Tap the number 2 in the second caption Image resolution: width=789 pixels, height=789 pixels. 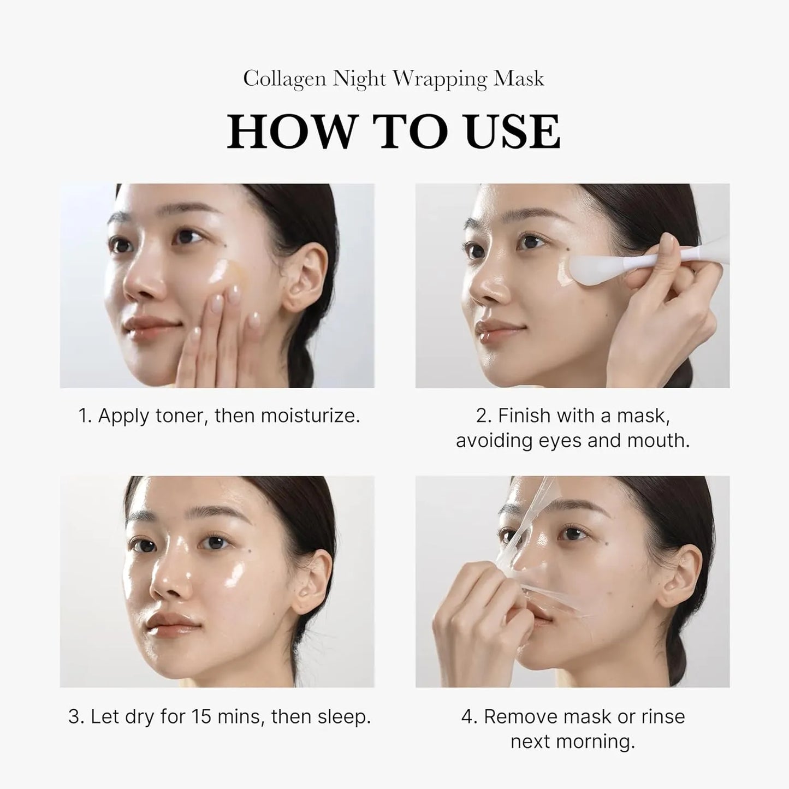point(482,416)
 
